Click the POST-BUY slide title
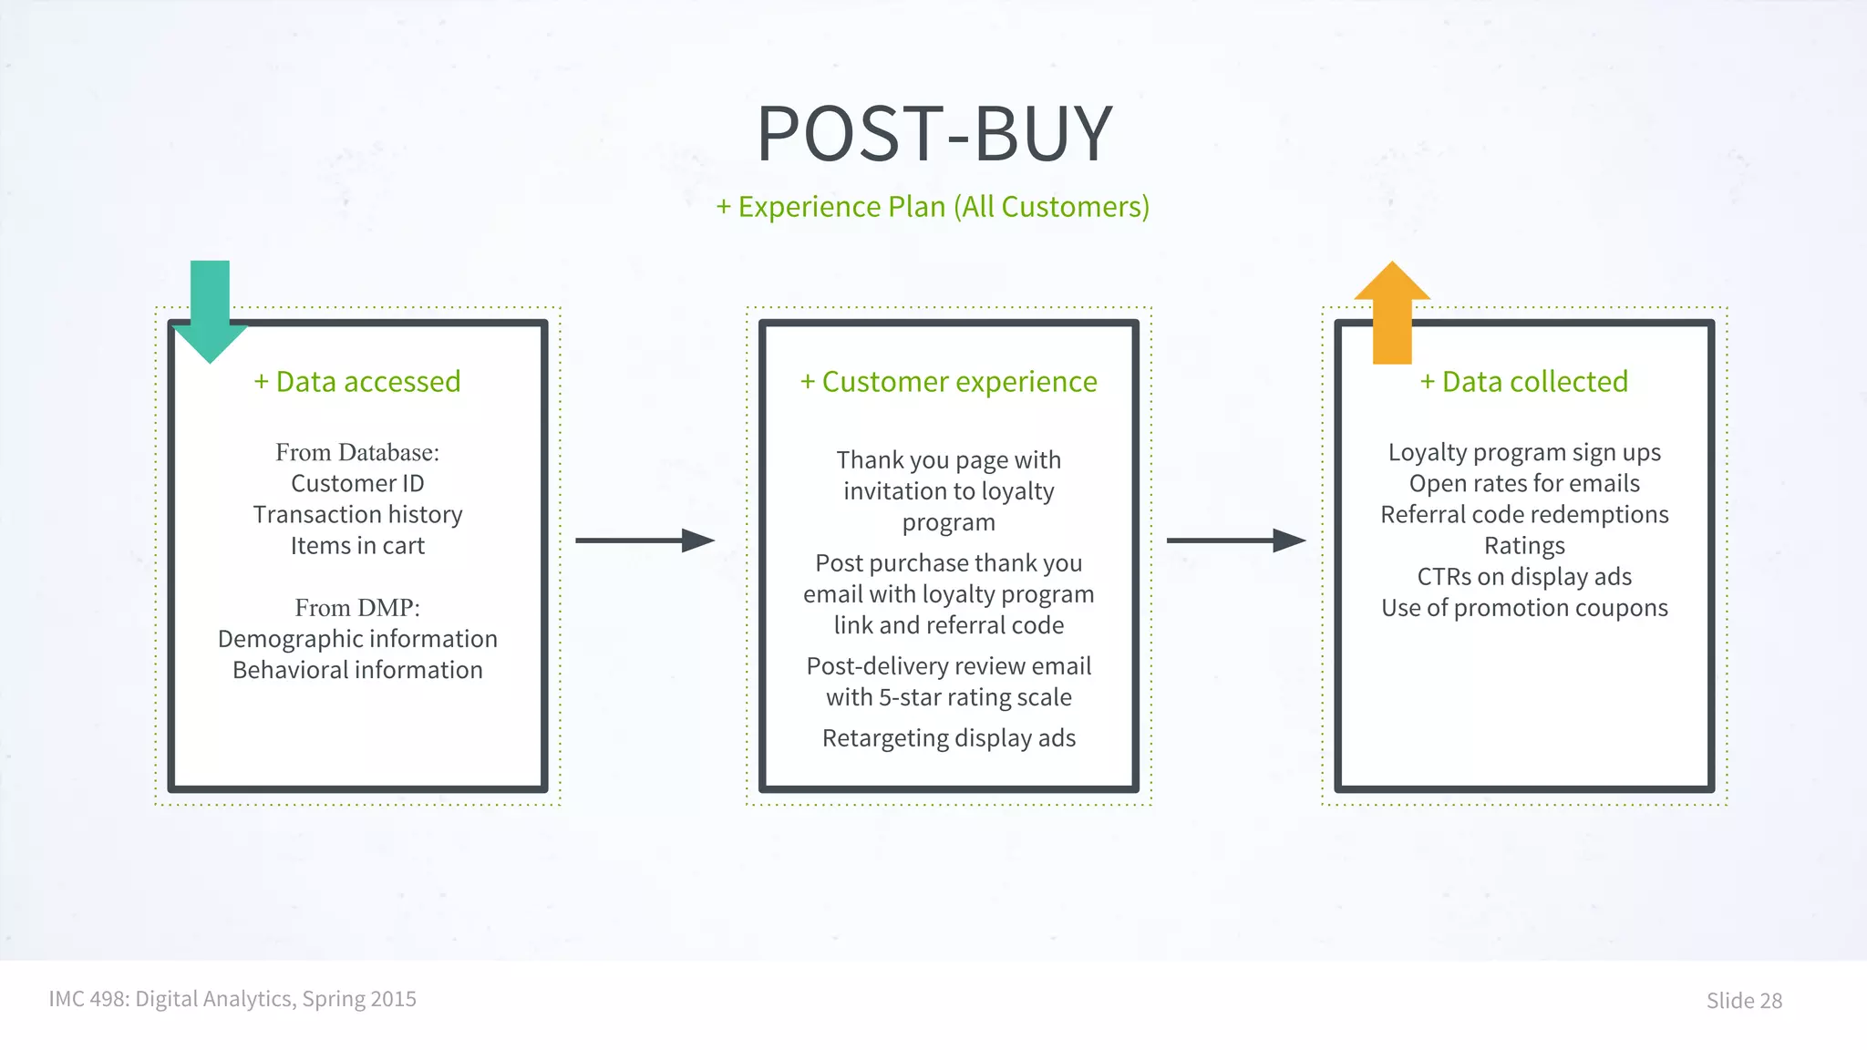[x=934, y=133]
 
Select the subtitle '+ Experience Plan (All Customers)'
[x=933, y=207]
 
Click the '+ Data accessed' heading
[x=357, y=382]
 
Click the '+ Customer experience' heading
[x=948, y=382]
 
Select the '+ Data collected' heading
[x=1524, y=382]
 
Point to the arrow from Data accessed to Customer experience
[x=645, y=540]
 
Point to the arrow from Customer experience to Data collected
[x=1235, y=540]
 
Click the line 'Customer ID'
[x=357, y=483]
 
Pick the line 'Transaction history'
[x=357, y=514]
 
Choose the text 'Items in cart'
[x=357, y=545]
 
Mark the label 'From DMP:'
[x=357, y=607]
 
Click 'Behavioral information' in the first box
[x=357, y=670]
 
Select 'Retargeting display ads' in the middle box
[x=948, y=737]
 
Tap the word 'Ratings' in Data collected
[x=1524, y=545]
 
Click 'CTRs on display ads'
[x=1524, y=576]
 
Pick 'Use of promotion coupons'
[x=1524, y=607]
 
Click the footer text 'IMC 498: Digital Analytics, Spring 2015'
[x=232, y=999]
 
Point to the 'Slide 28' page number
[x=1743, y=1001]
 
